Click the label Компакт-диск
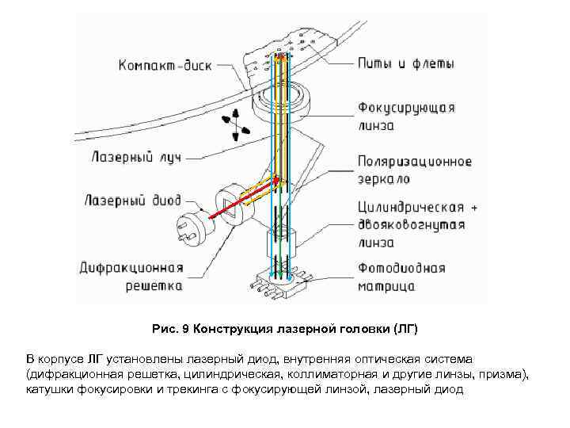click(165, 65)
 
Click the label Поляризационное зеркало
click(414, 170)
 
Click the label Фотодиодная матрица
click(401, 277)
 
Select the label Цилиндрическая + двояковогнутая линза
click(416, 224)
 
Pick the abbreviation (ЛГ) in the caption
click(401, 328)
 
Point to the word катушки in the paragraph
click(50, 388)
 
